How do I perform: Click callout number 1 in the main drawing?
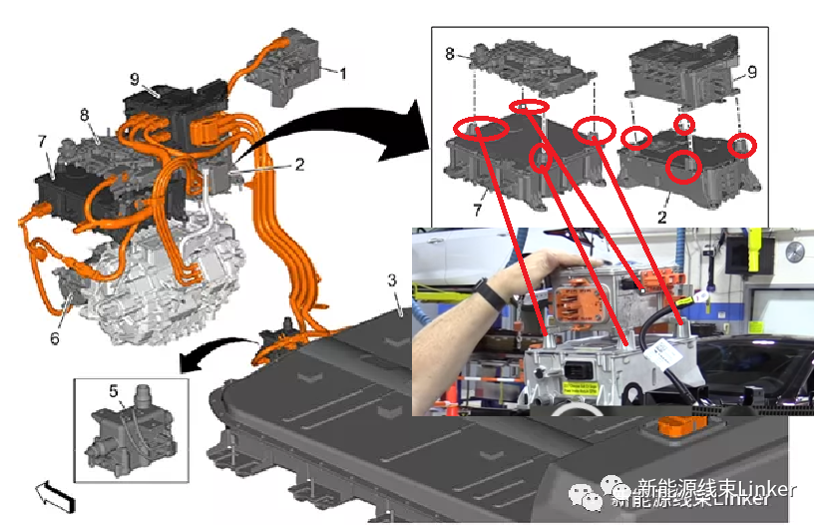343,73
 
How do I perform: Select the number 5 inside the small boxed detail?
113,392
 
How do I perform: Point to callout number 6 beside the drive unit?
55,338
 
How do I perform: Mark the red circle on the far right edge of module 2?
741,147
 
